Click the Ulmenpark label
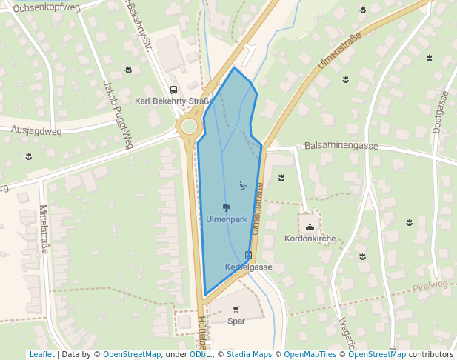(x=226, y=220)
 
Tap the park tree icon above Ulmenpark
(x=226, y=208)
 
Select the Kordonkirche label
(x=310, y=239)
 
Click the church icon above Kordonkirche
(x=310, y=227)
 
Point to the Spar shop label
(x=236, y=321)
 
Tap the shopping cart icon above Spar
(x=236, y=310)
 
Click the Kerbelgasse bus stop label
(x=248, y=267)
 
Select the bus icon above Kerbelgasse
(x=248, y=255)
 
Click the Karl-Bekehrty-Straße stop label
(x=173, y=101)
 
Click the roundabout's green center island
(x=189, y=127)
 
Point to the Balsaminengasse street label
(x=341, y=146)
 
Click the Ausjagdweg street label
(x=36, y=130)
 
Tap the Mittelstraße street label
(x=44, y=229)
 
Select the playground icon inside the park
(x=242, y=184)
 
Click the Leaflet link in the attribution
(x=41, y=354)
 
